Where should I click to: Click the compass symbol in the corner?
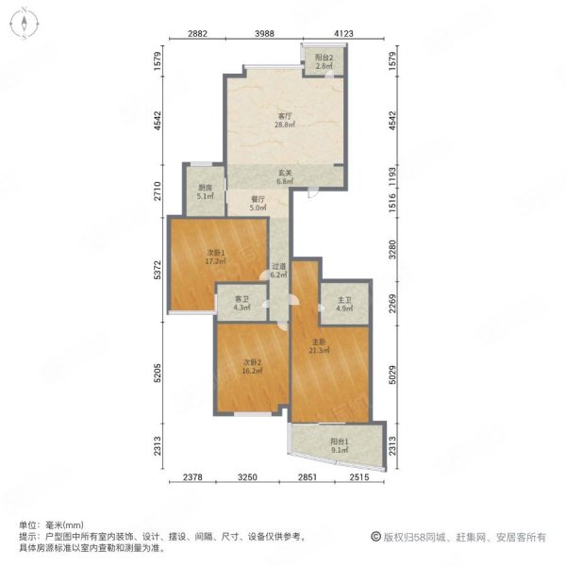[25, 24]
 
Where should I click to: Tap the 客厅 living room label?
[285, 116]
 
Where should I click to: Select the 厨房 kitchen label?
[205, 188]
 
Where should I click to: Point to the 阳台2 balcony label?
[324, 58]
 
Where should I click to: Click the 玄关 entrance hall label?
[285, 173]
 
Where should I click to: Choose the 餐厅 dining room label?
[258, 199]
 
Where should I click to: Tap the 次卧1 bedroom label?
[216, 253]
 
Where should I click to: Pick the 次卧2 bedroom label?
[252, 362]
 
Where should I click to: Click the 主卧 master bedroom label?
[319, 341]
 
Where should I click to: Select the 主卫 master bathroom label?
[344, 300]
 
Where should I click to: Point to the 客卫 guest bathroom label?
[241, 299]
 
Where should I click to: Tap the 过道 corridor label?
[278, 266]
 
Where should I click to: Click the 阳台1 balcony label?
[340, 441]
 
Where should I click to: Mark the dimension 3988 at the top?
[264, 34]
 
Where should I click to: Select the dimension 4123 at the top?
[343, 34]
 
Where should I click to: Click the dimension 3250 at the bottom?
[247, 477]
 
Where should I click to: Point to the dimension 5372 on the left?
[158, 269]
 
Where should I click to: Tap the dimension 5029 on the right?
[392, 375]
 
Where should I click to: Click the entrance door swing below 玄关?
[312, 193]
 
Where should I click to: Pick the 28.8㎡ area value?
[285, 125]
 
